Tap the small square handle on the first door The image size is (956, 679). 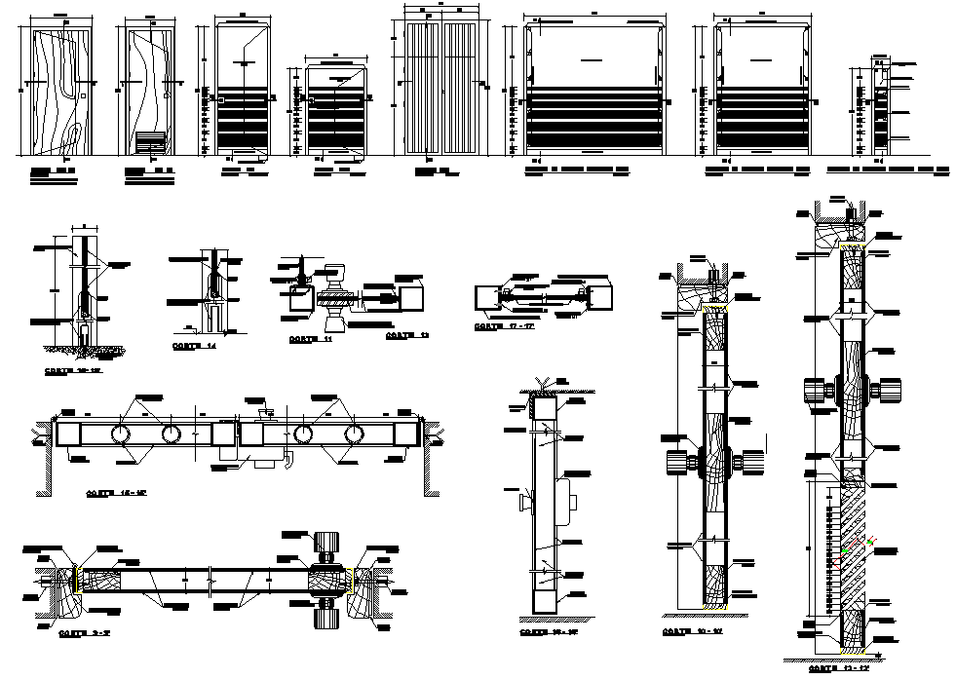[85, 94]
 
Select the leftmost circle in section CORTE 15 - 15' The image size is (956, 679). [126, 432]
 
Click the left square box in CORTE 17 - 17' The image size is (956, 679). [484, 295]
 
